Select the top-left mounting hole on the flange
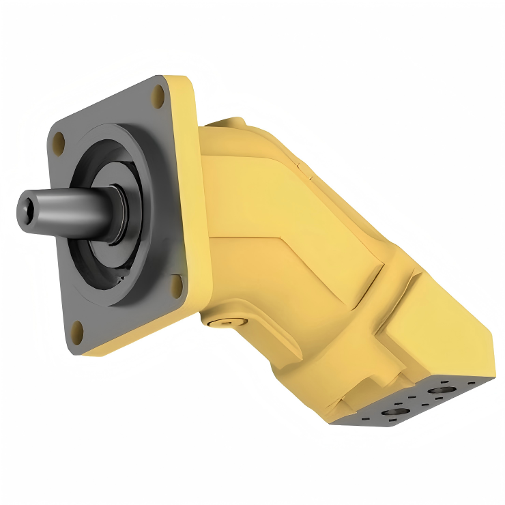coord(59,142)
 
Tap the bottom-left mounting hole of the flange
coord(77,332)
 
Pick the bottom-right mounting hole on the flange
coord(177,284)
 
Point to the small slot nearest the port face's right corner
coord(471,384)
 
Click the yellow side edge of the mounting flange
coord(188,205)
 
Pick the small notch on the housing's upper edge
coord(302,164)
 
